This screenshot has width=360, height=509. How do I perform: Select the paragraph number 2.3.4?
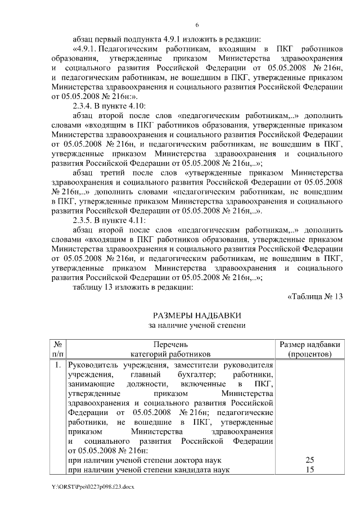85,105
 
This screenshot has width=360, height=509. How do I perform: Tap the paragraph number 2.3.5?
85,219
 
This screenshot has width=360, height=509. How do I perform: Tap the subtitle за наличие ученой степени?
197,325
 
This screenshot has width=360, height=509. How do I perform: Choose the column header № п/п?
58,349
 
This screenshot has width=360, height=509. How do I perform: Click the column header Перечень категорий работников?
170,349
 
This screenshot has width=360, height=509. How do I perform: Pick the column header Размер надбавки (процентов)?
309,349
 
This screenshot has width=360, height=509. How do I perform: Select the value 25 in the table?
309,460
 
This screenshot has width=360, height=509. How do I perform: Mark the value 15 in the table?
309,470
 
